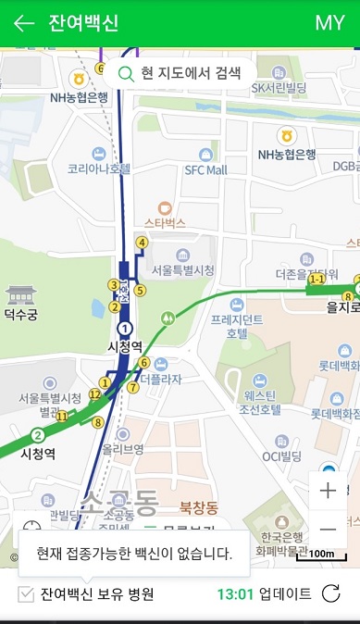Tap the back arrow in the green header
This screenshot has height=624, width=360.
[24, 23]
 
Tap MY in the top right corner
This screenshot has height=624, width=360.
[329, 23]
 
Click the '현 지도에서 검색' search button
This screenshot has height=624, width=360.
[179, 73]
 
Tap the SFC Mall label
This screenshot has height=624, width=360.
[205, 170]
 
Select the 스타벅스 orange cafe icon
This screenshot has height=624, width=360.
[165, 208]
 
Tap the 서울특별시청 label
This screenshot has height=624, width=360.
[182, 269]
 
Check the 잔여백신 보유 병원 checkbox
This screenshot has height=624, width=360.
[27, 594]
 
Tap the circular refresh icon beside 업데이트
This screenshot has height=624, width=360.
[330, 594]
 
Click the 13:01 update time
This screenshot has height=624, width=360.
[234, 594]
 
